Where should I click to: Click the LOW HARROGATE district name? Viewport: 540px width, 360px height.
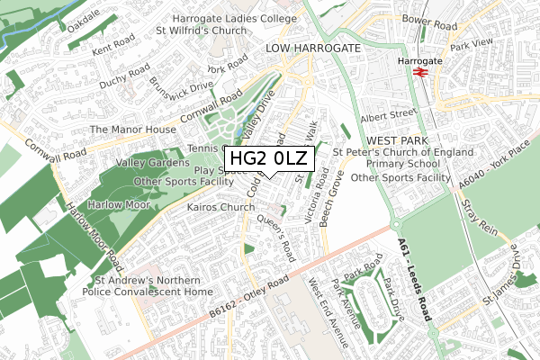click(312, 48)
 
